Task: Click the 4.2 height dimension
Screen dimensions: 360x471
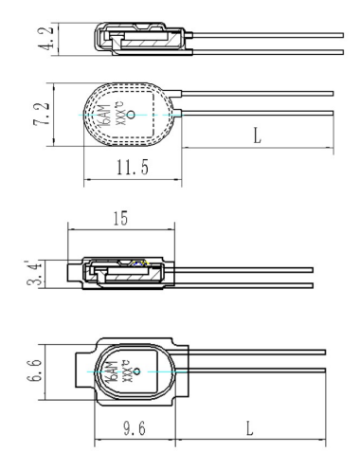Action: tap(45, 39)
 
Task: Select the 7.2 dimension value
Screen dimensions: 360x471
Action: tap(42, 114)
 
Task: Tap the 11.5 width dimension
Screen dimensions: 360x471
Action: tap(133, 167)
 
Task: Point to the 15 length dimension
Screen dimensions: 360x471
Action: tap(120, 218)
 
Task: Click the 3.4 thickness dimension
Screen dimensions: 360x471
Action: tap(34, 273)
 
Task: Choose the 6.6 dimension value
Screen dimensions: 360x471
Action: tap(34, 371)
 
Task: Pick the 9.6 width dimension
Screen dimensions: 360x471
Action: tap(135, 428)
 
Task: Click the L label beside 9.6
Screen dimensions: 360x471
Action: tap(249, 428)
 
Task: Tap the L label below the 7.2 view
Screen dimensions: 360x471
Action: tap(258, 136)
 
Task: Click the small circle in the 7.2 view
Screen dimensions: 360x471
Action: tap(131, 115)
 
